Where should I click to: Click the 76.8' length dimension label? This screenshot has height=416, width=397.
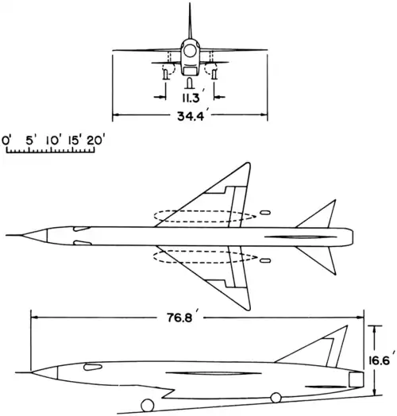[183, 317]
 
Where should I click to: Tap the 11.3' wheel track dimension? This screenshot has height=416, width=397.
[191, 98]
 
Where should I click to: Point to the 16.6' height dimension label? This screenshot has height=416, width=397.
[380, 360]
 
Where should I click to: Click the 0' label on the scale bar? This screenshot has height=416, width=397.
[6, 141]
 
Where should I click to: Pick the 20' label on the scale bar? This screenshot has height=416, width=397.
[94, 141]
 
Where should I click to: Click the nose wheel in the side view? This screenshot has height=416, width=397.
[148, 406]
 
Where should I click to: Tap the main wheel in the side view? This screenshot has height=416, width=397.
[276, 398]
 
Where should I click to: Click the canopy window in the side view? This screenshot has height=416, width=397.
[93, 367]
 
